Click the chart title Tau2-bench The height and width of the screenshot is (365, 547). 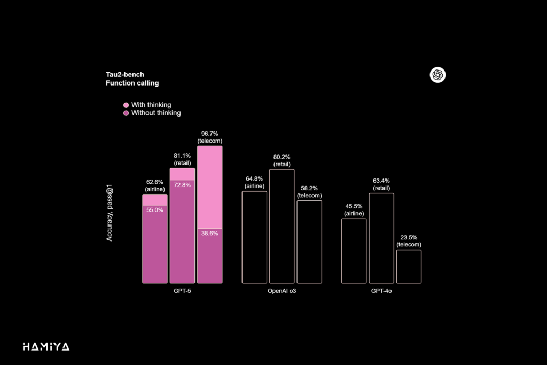point(125,75)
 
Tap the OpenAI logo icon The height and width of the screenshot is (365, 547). point(437,75)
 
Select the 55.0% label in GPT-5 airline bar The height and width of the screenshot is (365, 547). point(154,210)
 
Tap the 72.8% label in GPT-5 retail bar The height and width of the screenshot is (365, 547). point(182,184)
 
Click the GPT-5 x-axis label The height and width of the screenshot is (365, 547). point(182,291)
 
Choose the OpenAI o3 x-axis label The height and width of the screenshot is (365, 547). point(282,291)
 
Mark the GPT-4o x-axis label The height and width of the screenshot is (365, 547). point(381,291)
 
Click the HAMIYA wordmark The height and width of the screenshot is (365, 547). point(46,347)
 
